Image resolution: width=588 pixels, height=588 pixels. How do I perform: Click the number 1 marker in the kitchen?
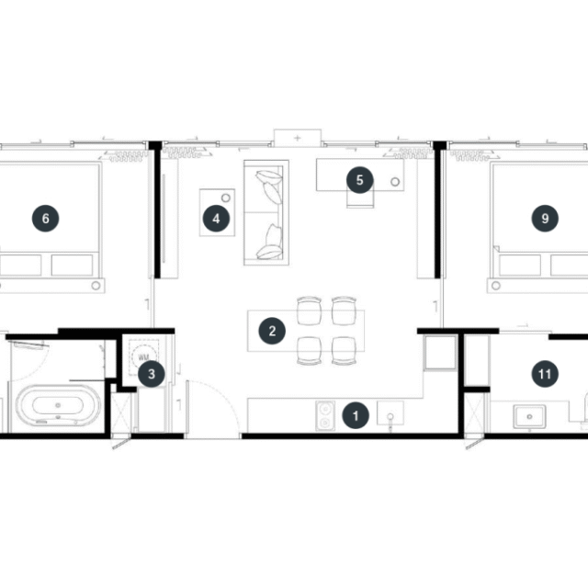[x=356, y=415]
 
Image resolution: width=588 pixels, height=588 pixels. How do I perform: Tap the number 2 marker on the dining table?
[x=272, y=331]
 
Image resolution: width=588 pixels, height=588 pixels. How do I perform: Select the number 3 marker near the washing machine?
[x=152, y=374]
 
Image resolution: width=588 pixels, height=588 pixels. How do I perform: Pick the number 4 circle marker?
[x=216, y=219]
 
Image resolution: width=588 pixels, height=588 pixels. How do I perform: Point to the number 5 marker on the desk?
[x=359, y=180]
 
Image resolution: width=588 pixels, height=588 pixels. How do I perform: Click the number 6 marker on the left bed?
[x=45, y=219]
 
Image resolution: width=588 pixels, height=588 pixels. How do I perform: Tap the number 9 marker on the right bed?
[x=545, y=219]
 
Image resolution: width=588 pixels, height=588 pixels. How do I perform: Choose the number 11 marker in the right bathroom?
[x=545, y=374]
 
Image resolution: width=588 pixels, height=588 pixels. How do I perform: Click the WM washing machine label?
[x=143, y=357]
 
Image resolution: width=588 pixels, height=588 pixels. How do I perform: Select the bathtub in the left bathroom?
[x=58, y=406]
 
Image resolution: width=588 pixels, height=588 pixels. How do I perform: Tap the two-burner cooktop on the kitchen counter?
[x=325, y=415]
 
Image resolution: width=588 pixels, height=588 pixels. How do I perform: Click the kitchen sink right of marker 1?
[x=390, y=413]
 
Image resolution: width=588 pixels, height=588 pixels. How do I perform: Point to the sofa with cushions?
[x=266, y=212]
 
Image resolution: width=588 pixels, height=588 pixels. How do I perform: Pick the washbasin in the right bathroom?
[x=529, y=416]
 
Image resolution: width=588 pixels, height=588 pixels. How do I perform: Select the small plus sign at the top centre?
[x=298, y=138]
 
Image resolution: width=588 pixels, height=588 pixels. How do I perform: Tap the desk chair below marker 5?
[x=360, y=198]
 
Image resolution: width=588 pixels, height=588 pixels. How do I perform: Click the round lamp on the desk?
[x=395, y=182]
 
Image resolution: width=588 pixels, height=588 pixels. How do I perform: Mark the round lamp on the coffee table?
[x=226, y=198]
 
